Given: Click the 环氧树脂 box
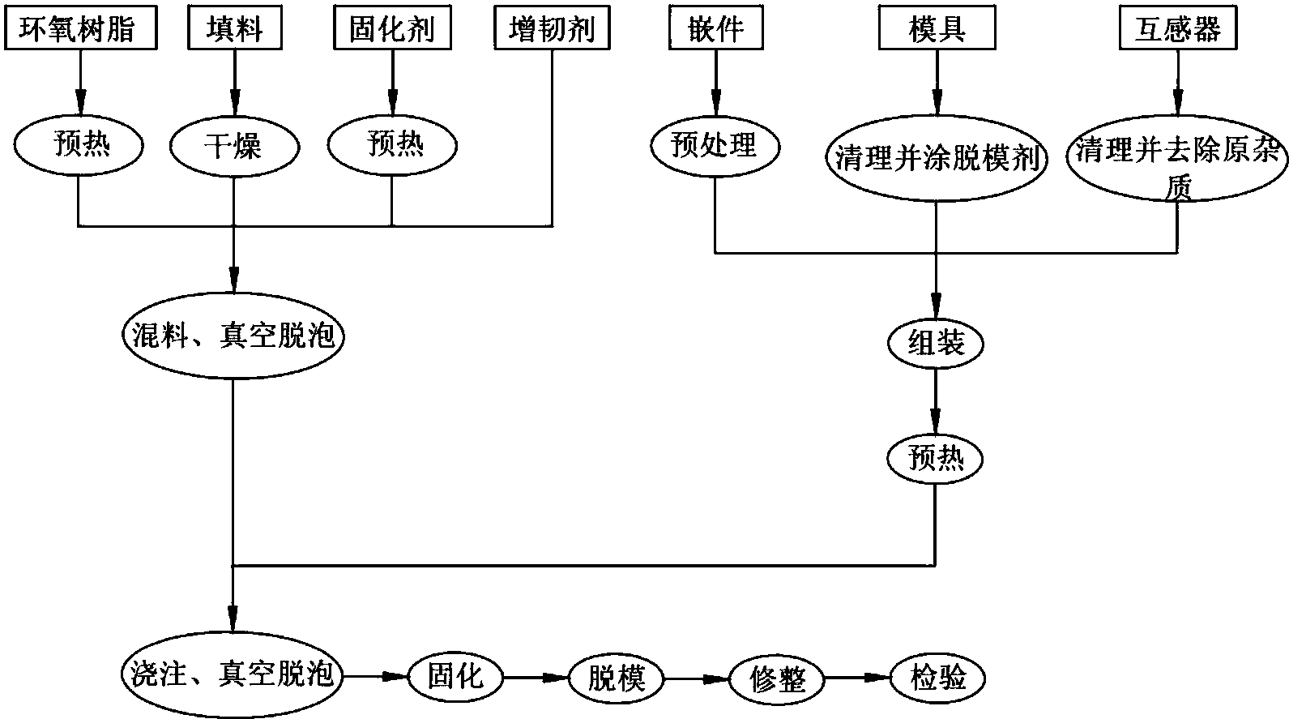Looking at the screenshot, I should (80, 30).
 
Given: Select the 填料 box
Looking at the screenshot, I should (235, 30).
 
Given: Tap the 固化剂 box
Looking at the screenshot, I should (392, 30).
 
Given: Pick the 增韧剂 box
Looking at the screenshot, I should (552, 30).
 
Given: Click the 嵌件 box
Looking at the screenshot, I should (715, 30).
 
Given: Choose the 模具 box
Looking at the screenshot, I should (936, 30).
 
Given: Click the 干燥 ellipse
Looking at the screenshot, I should (235, 147).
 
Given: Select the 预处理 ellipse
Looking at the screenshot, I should (715, 147).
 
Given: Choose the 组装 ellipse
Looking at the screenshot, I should (936, 344).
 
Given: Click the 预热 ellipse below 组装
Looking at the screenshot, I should (936, 459).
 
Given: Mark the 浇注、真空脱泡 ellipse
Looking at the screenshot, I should (233, 674).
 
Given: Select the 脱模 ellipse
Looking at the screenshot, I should (617, 676).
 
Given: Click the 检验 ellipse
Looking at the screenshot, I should (939, 676).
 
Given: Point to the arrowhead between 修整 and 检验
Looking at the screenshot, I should (878, 676).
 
